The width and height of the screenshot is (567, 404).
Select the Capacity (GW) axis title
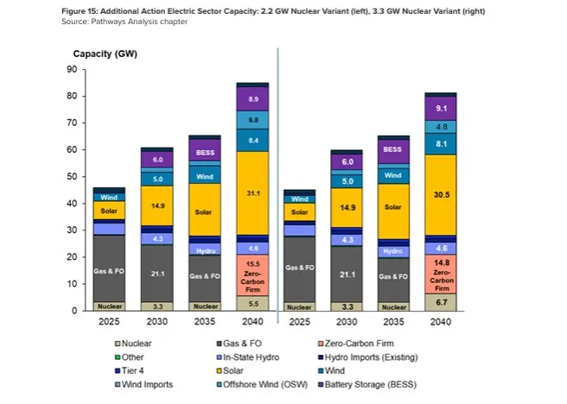click(x=105, y=54)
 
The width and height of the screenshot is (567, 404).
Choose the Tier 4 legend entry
click(x=137, y=371)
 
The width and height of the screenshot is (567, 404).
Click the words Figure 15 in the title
click(x=80, y=10)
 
